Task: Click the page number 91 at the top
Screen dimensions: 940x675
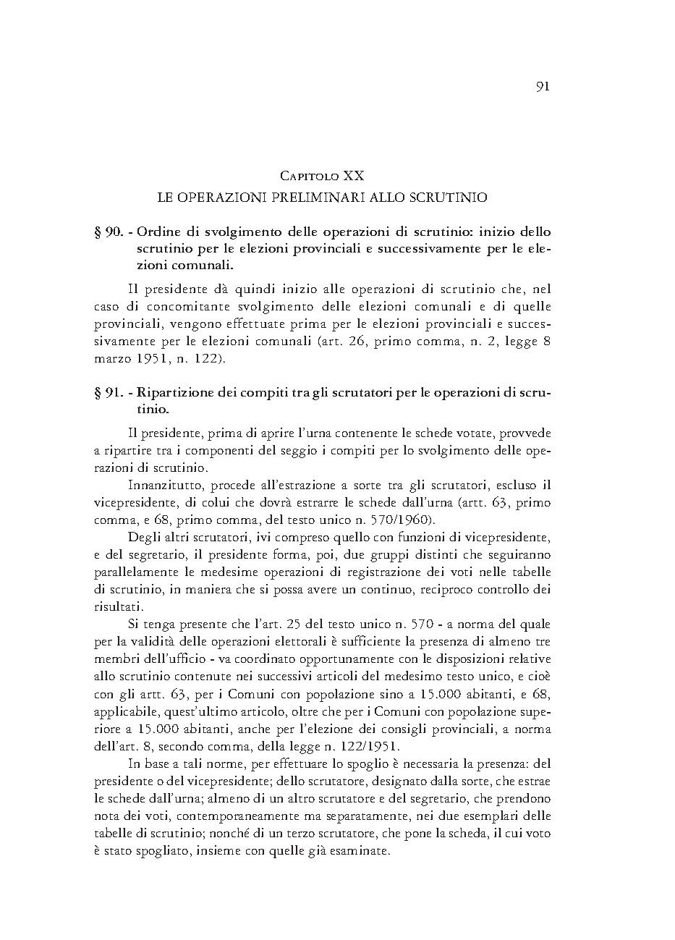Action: coord(543,87)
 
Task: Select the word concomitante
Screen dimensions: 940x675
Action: coord(181,308)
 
